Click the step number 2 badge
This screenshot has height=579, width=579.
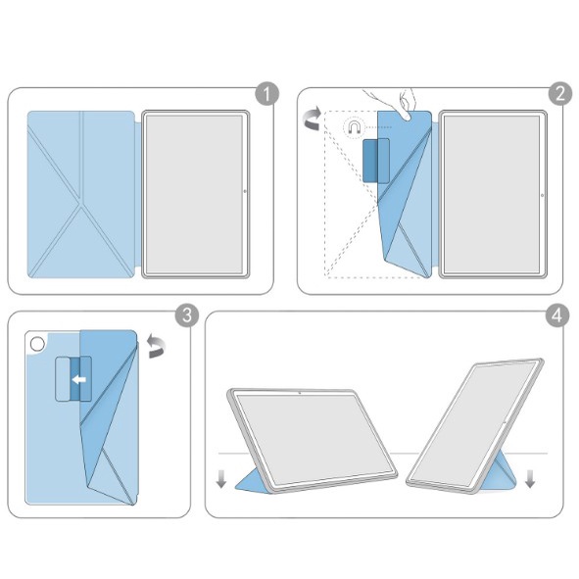tap(560, 93)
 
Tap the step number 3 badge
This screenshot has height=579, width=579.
tap(187, 315)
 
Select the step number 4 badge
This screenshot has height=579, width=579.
tap(557, 315)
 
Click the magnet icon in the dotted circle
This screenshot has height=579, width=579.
tap(354, 127)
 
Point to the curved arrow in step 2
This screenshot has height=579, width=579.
tap(312, 118)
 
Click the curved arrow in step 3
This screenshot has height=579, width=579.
tap(157, 346)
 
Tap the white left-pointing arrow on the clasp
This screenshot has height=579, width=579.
tap(79, 379)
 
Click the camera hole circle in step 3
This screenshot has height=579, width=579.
tap(37, 344)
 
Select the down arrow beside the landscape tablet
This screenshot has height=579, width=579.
tap(220, 479)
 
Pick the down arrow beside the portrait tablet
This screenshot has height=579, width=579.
tap(530, 478)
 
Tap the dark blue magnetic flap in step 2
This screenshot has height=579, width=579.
tap(376, 161)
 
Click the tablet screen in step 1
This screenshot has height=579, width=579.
tap(195, 194)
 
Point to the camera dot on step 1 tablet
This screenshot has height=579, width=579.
tap(245, 191)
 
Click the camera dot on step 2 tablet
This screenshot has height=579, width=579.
tap(542, 195)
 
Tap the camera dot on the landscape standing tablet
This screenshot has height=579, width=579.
tap(299, 393)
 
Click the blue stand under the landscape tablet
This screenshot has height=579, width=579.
tap(251, 481)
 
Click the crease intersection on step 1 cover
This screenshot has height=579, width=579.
tap(81, 203)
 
